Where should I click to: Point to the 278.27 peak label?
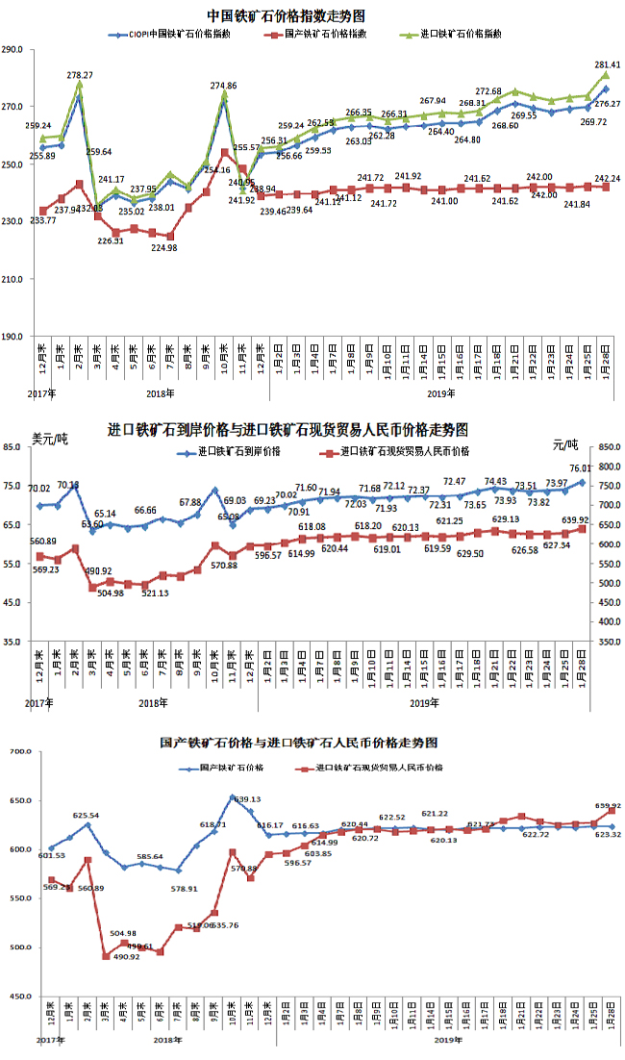pos(81,75)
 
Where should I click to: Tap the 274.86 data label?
pos(223,86)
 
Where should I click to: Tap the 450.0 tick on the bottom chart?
pos(19,997)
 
